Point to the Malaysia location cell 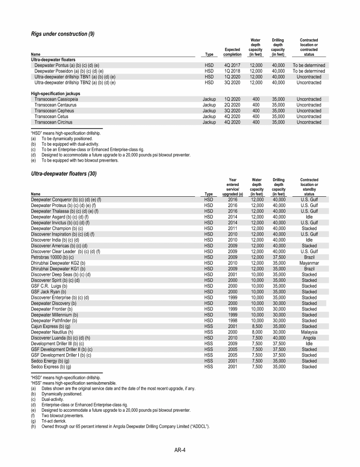click(309, 332)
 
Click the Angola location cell click(309, 338)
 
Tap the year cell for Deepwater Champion click(232, 229)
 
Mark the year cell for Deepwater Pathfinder click(232, 321)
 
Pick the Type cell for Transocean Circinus click(209, 122)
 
